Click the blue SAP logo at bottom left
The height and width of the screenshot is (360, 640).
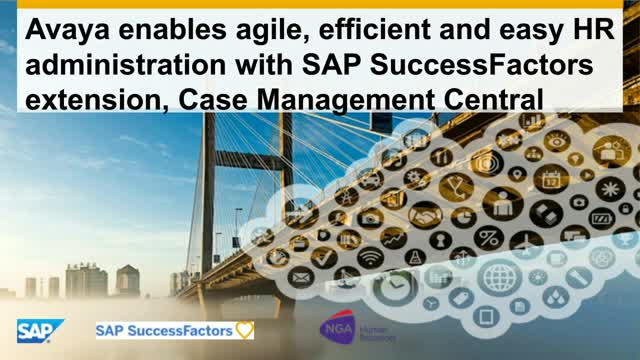coord(40,330)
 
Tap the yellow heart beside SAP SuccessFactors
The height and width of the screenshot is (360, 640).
coord(245,329)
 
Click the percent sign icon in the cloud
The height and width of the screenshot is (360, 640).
coord(488,236)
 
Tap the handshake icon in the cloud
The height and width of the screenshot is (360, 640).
coord(428,214)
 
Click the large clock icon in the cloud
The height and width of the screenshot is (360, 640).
coord(394,287)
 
